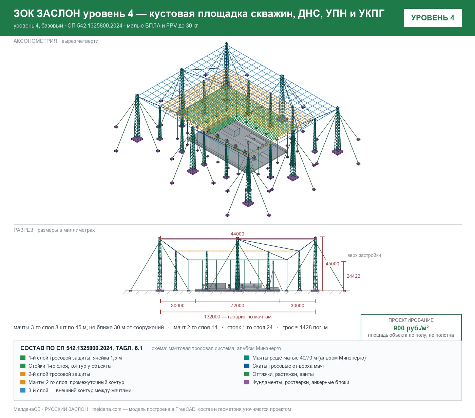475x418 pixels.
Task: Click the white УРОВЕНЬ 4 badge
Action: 433,18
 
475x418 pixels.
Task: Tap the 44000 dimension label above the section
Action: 237,234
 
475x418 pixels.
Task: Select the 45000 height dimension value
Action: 332,264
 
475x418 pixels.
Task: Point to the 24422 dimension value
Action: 353,276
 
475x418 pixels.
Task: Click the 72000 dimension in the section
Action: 237,306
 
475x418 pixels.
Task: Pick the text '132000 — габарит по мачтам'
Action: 238,316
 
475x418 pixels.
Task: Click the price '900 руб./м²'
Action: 411,328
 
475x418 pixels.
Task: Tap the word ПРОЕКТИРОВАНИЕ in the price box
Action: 411,320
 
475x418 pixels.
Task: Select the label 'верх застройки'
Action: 364,255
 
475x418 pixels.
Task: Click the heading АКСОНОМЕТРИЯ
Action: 35,41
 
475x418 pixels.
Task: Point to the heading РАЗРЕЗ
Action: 23,230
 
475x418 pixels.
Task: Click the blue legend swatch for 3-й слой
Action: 23,390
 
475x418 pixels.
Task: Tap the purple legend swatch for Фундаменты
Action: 247,382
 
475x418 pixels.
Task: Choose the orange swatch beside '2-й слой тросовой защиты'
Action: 23,374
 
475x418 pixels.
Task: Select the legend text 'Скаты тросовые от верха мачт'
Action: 289,366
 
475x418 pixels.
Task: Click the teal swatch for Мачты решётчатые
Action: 247,358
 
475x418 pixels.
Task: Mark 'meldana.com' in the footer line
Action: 107,409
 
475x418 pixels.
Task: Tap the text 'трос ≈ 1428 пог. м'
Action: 305,327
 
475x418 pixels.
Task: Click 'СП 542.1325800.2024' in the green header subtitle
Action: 95,25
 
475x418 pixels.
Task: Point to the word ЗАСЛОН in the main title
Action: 58,14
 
